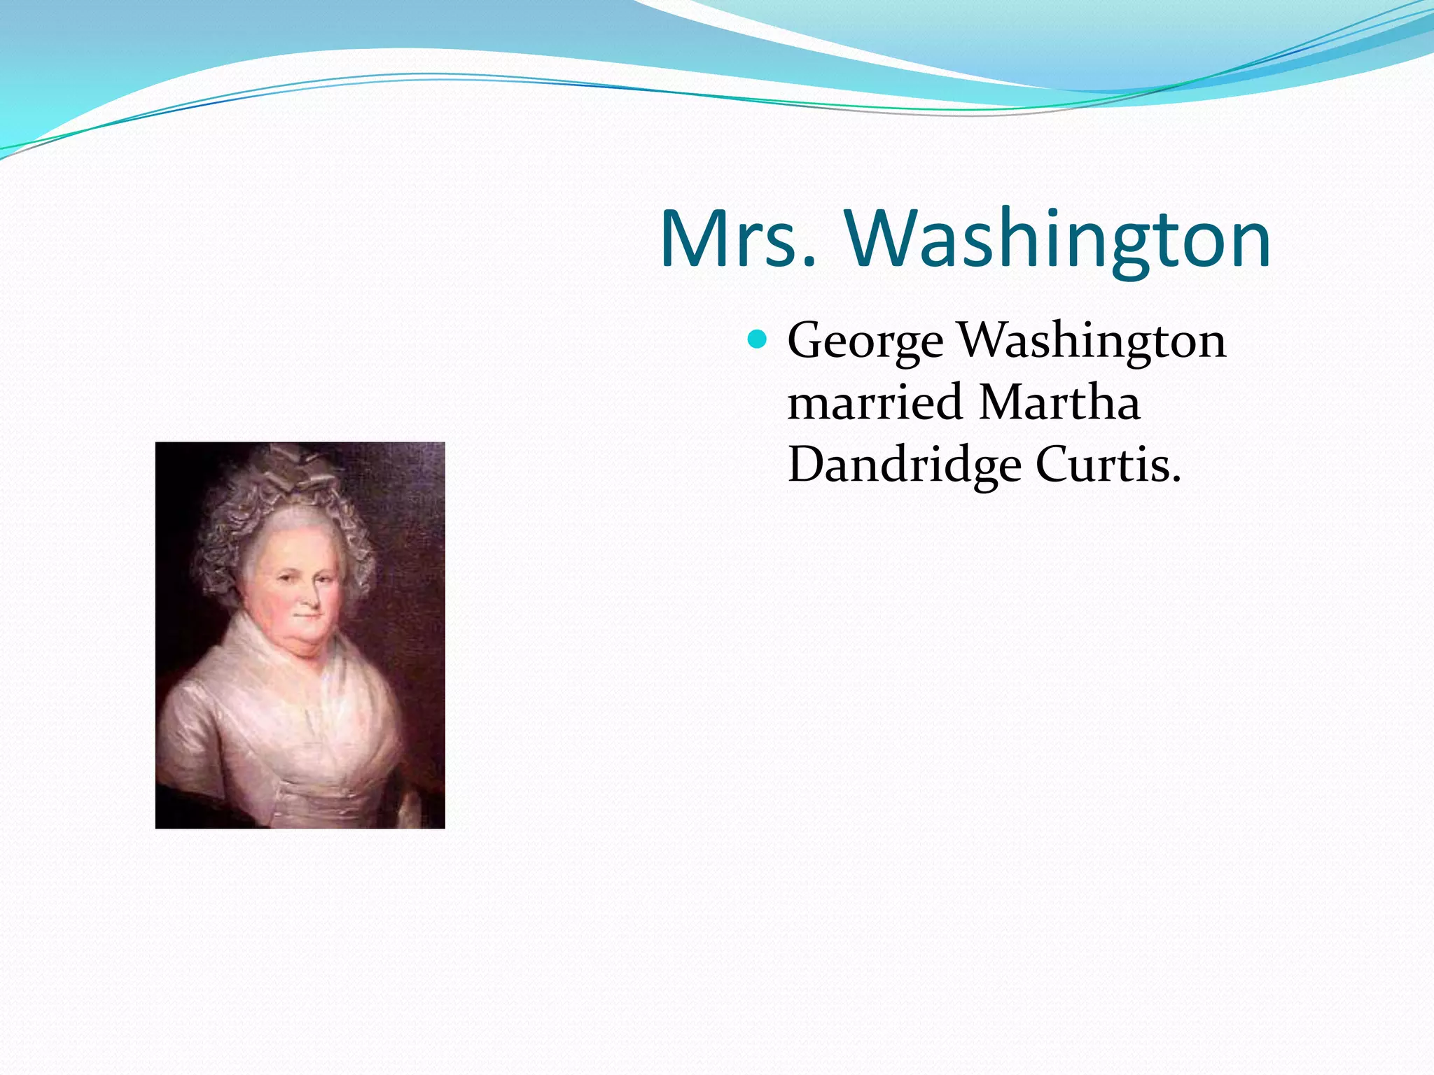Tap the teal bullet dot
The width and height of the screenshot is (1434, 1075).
click(757, 340)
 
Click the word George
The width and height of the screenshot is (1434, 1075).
click(865, 342)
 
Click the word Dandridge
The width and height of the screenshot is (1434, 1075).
click(903, 465)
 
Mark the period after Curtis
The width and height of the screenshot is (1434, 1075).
click(1176, 479)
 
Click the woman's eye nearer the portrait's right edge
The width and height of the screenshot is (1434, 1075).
click(326, 580)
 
